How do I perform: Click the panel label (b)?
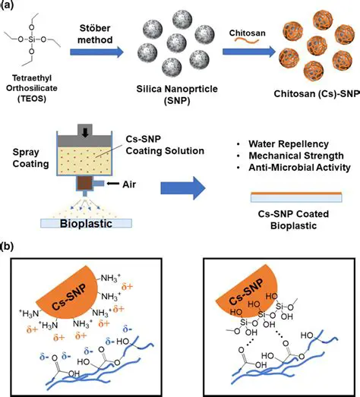[x=10, y=247]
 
